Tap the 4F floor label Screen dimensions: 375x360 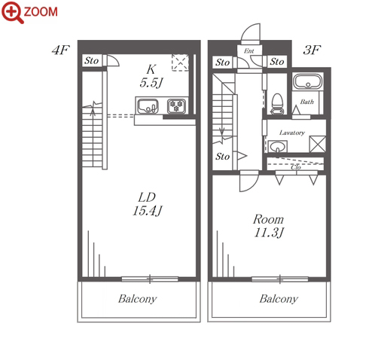(60, 50)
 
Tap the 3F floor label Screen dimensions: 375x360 (312, 50)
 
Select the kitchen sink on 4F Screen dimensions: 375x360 (148, 106)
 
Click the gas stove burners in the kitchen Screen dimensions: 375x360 (177, 106)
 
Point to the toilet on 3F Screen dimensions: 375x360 (278, 104)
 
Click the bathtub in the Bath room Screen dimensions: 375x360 (308, 81)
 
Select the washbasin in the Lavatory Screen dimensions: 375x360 (277, 146)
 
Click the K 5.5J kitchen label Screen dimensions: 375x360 (151, 76)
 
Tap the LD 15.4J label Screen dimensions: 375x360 (148, 204)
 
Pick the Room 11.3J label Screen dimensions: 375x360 (269, 226)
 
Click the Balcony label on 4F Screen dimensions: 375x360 (138, 299)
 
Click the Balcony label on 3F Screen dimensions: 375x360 (279, 299)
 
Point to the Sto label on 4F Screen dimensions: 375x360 (91, 60)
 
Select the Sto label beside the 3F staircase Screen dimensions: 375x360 (222, 157)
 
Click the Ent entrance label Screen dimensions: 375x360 (249, 51)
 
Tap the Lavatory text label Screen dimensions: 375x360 (292, 133)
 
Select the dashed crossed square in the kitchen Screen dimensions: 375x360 (180, 63)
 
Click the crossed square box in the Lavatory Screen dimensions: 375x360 (318, 144)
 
